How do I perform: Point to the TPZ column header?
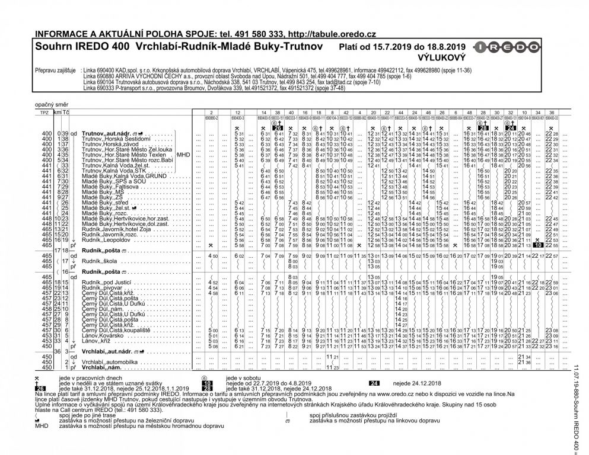click(x=42, y=112)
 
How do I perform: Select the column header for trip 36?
click(x=551, y=112)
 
